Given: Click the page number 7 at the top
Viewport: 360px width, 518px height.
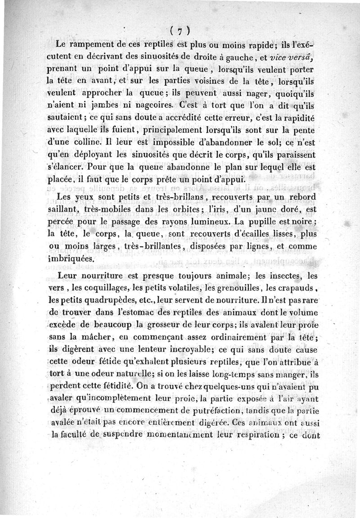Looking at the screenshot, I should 179,31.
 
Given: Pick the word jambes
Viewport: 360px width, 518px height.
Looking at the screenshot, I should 105,106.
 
